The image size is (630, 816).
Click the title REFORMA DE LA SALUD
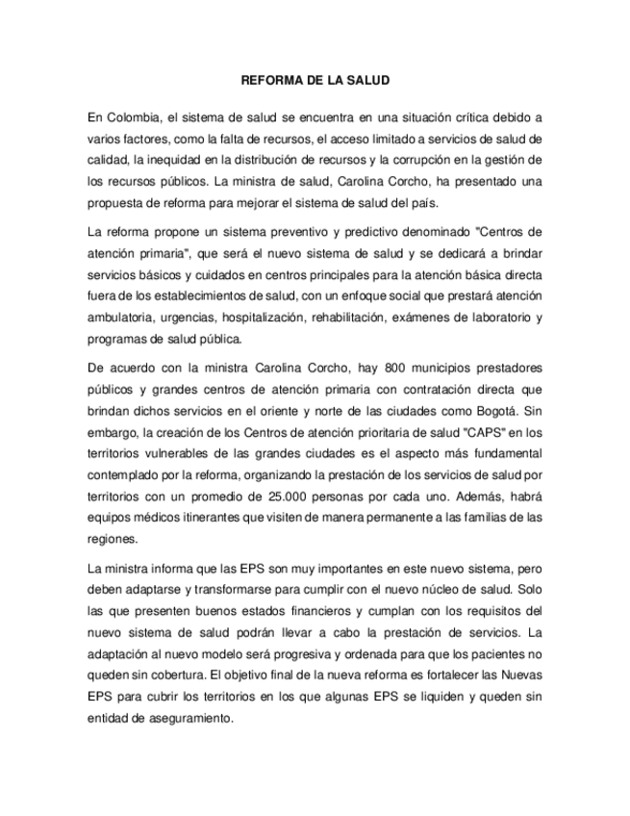(315, 83)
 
